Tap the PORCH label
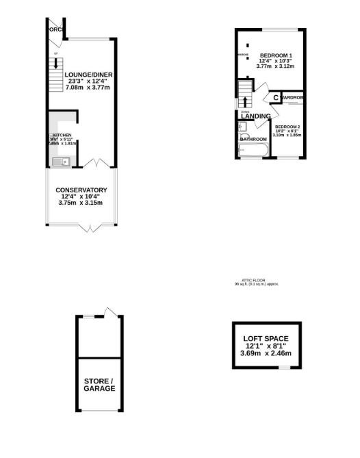(55, 29)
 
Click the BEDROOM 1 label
(276, 55)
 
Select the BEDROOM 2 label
(287, 127)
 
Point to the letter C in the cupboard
(275, 98)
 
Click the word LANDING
(255, 116)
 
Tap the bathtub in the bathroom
(252, 151)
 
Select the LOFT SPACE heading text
(266, 338)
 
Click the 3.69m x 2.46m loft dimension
(266, 353)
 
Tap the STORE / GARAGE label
(100, 384)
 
